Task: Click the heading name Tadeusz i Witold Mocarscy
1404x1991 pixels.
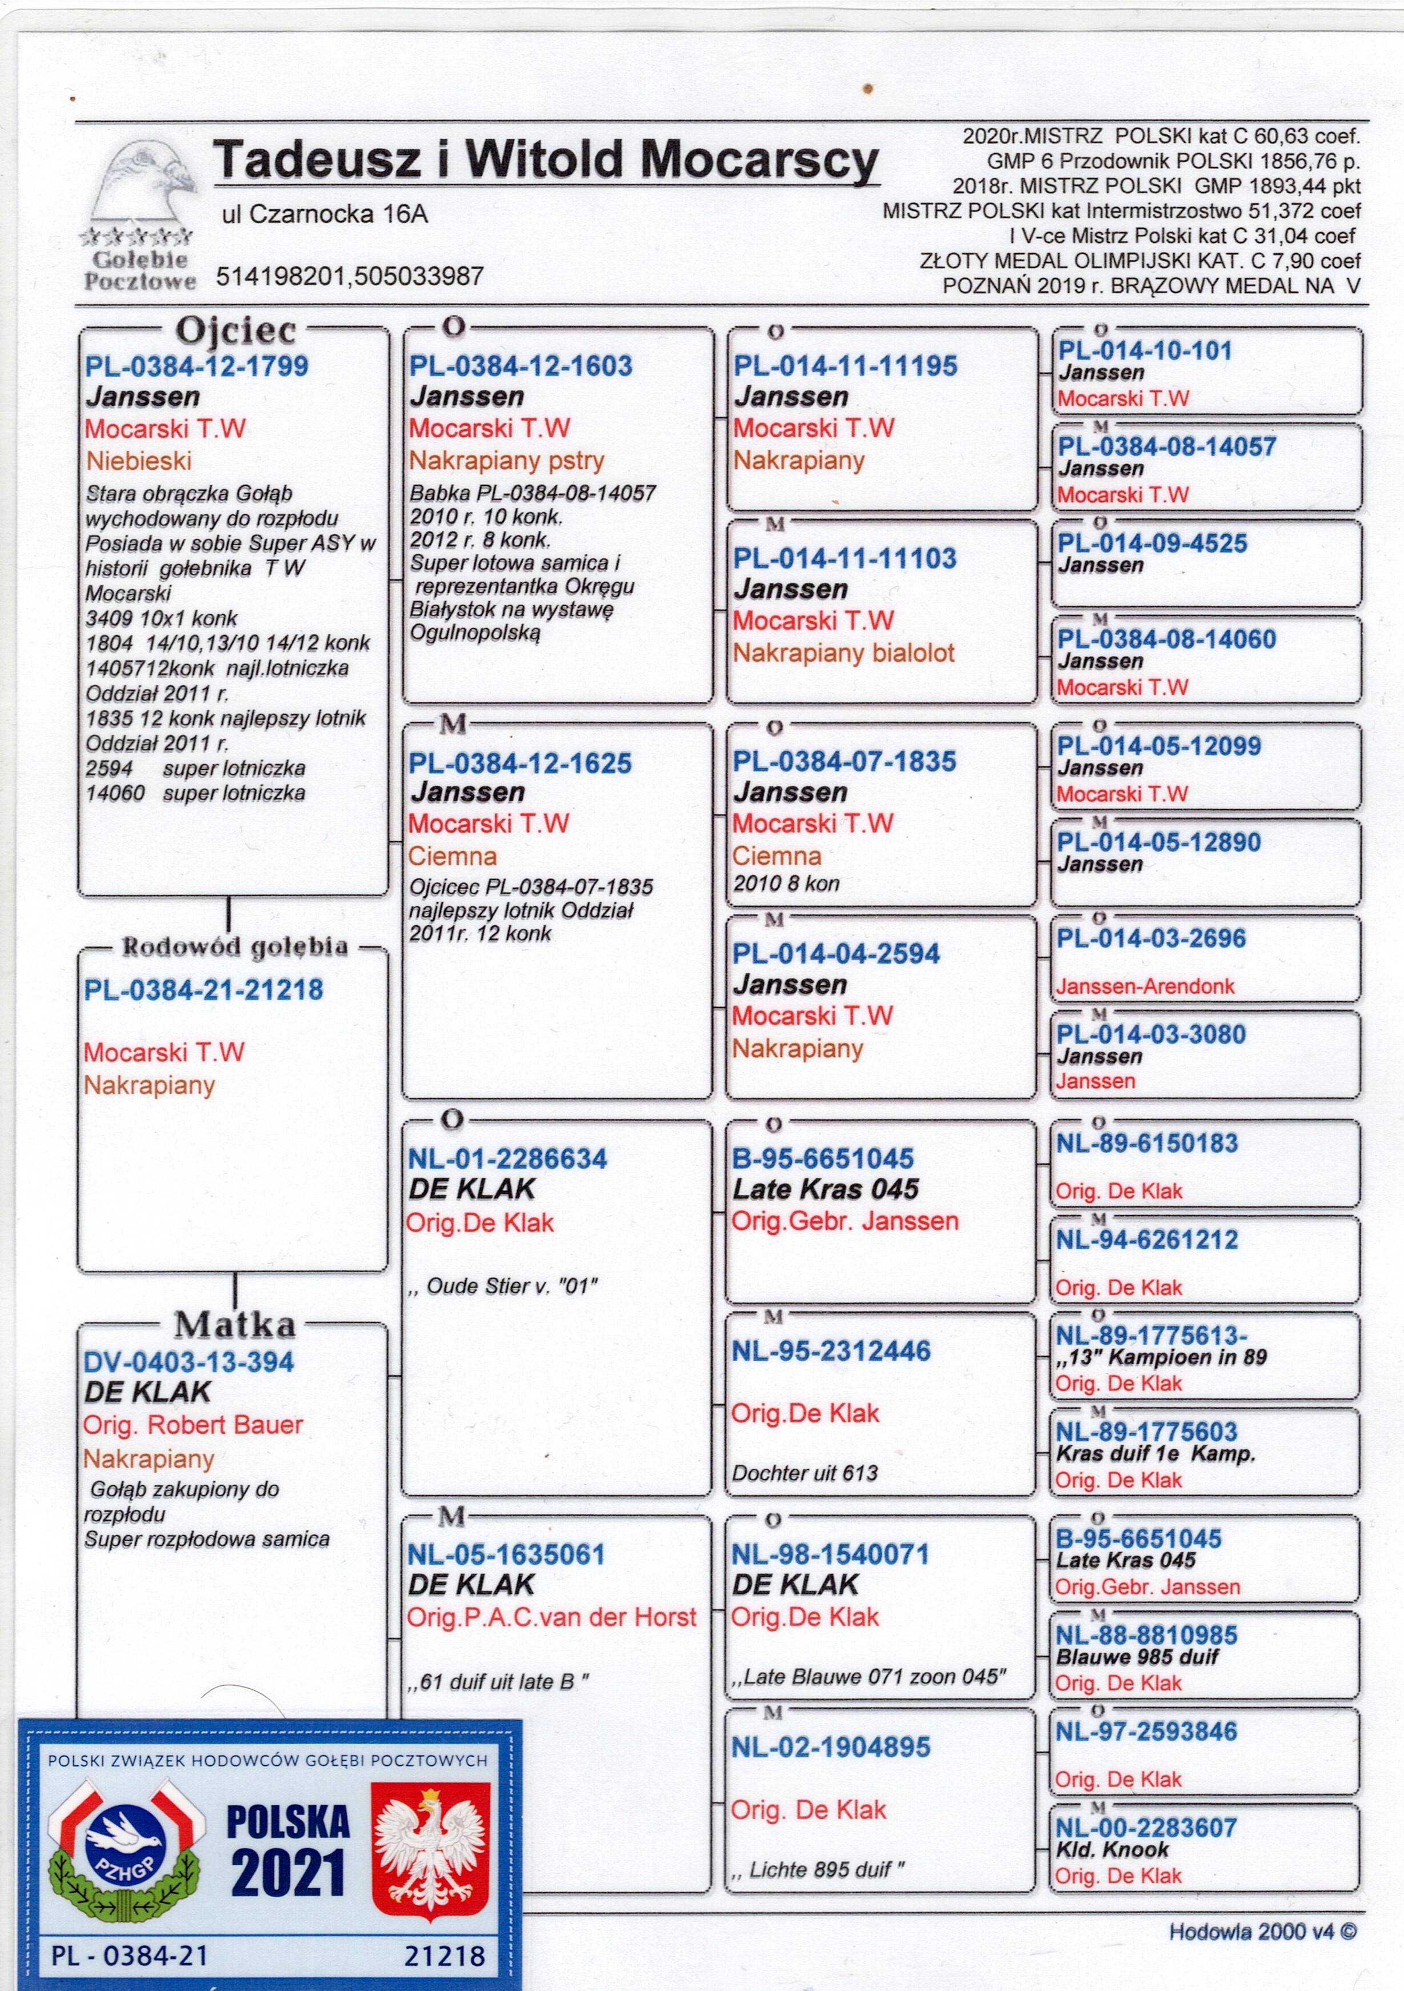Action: coord(546,161)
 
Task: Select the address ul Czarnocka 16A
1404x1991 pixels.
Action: coord(325,214)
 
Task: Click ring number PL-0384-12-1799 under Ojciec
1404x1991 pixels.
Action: coord(197,366)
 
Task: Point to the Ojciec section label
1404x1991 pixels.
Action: coord(236,330)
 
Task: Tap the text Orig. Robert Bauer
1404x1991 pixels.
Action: coord(193,1425)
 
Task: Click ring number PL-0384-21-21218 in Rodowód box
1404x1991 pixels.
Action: coord(204,989)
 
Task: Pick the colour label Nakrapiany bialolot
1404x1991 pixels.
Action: coord(843,653)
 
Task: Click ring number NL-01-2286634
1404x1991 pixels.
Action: coord(507,1158)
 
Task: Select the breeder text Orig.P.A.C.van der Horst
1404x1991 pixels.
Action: coord(551,1617)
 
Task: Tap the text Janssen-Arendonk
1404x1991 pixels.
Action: coord(1145,986)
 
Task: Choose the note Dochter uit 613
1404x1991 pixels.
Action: coord(805,1473)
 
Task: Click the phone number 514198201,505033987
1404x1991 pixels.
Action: coord(350,277)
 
